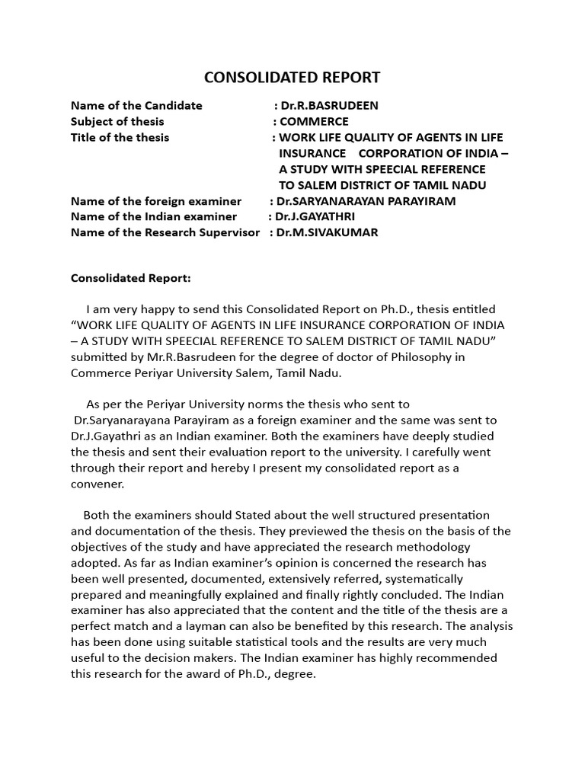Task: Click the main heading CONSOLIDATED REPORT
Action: pyautogui.click(x=292, y=78)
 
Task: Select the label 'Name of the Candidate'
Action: pyautogui.click(x=136, y=106)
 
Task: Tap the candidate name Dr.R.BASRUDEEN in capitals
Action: pyautogui.click(x=330, y=106)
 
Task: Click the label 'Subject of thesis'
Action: pyautogui.click(x=117, y=122)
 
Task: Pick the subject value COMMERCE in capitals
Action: pyautogui.click(x=314, y=122)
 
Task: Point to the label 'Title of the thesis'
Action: pyautogui.click(x=120, y=138)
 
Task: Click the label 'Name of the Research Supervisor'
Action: pyautogui.click(x=165, y=233)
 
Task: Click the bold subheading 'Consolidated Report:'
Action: pyautogui.click(x=131, y=278)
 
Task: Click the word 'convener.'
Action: pyautogui.click(x=97, y=484)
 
